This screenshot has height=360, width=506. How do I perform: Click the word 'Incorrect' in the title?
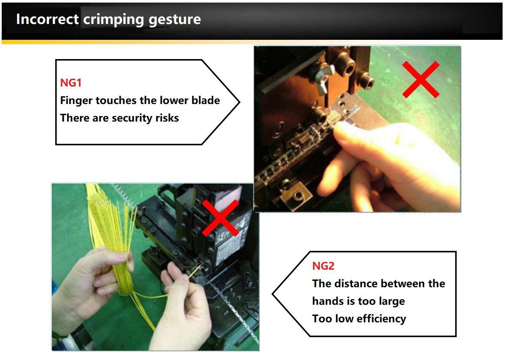coord(47,19)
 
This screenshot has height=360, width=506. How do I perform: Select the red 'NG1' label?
coord(71,83)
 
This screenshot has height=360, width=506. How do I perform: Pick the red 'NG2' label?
coord(323,266)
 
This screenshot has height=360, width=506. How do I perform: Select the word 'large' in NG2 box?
coord(392,302)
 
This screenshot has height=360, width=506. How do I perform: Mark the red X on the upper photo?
coord(421,79)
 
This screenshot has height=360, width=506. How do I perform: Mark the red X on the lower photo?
coord(221,218)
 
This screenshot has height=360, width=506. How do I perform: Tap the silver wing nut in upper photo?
coord(323,75)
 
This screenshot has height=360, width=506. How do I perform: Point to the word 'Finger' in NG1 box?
coord(76,101)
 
